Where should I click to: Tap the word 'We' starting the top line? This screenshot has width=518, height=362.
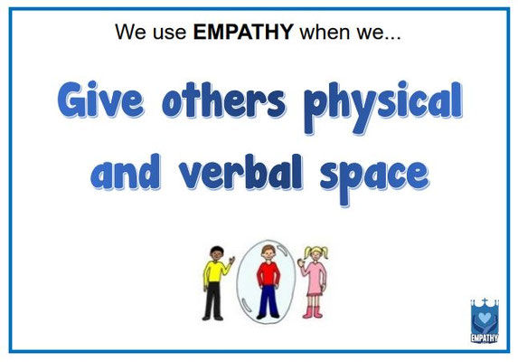coord(130,33)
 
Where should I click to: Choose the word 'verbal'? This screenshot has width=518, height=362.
coord(252,172)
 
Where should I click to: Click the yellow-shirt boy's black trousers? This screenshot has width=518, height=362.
coord(213,302)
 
